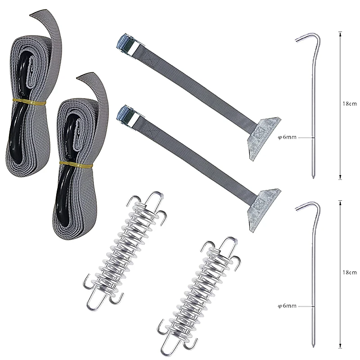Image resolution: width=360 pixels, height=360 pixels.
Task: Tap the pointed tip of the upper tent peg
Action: (x=314, y=177)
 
